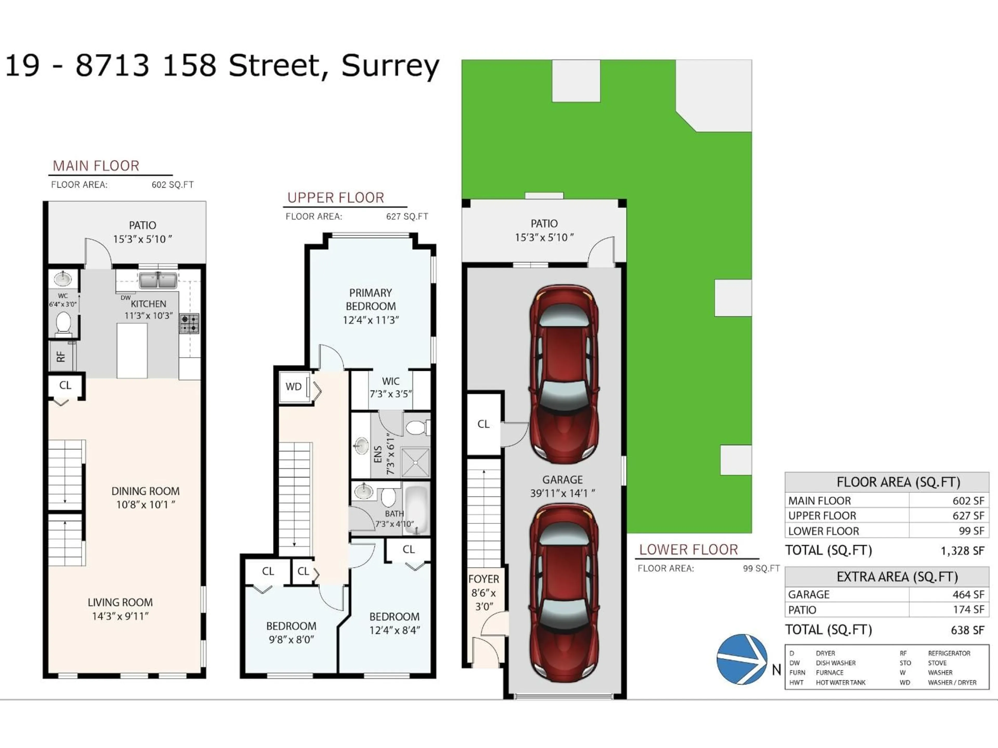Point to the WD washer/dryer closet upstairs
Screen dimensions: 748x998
(x=294, y=386)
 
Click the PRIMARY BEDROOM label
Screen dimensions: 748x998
(x=370, y=299)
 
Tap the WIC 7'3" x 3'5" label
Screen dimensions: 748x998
(x=391, y=387)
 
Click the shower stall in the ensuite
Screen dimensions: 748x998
(x=415, y=462)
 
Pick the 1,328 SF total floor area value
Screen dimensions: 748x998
(x=962, y=551)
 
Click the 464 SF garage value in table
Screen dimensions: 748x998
(x=968, y=594)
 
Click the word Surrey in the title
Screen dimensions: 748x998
(x=390, y=66)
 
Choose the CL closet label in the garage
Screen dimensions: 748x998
(x=483, y=424)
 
